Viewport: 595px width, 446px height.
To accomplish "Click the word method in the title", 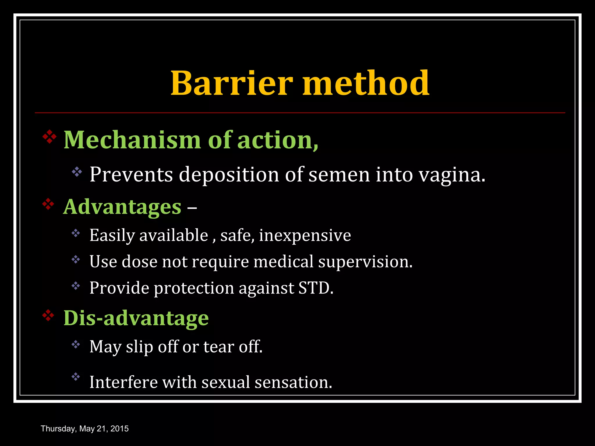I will click(x=366, y=83).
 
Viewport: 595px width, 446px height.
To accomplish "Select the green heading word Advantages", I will click(x=122, y=207).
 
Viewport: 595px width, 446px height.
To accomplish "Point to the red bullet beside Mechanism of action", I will click(x=50, y=137).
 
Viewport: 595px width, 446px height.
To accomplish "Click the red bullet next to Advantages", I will click(x=48, y=204).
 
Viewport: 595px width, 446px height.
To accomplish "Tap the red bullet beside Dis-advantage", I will click(x=48, y=315).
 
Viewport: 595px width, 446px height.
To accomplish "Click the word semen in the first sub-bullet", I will click(x=339, y=175).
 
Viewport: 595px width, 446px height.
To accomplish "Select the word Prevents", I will click(x=131, y=175).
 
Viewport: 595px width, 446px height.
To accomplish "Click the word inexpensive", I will click(x=305, y=235).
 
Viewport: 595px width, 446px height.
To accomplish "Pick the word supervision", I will click(x=365, y=262).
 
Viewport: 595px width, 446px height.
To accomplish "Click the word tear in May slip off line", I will click(x=218, y=347).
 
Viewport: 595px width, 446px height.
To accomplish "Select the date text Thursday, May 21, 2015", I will click(x=85, y=429).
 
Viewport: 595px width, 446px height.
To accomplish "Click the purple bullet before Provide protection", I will click(x=76, y=286).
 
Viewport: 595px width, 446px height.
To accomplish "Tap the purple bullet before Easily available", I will click(x=76, y=233).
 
